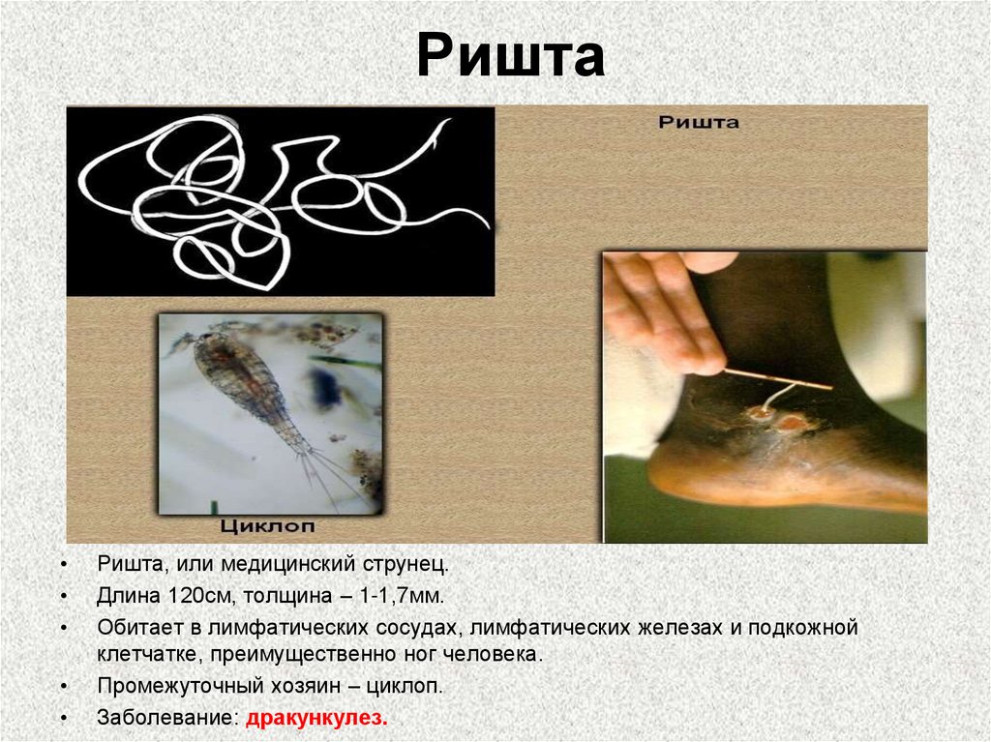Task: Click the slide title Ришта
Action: point(510,58)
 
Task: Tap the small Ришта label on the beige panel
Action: point(699,123)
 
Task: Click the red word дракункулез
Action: point(316,719)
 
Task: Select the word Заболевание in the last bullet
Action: point(166,719)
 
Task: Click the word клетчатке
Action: point(145,655)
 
